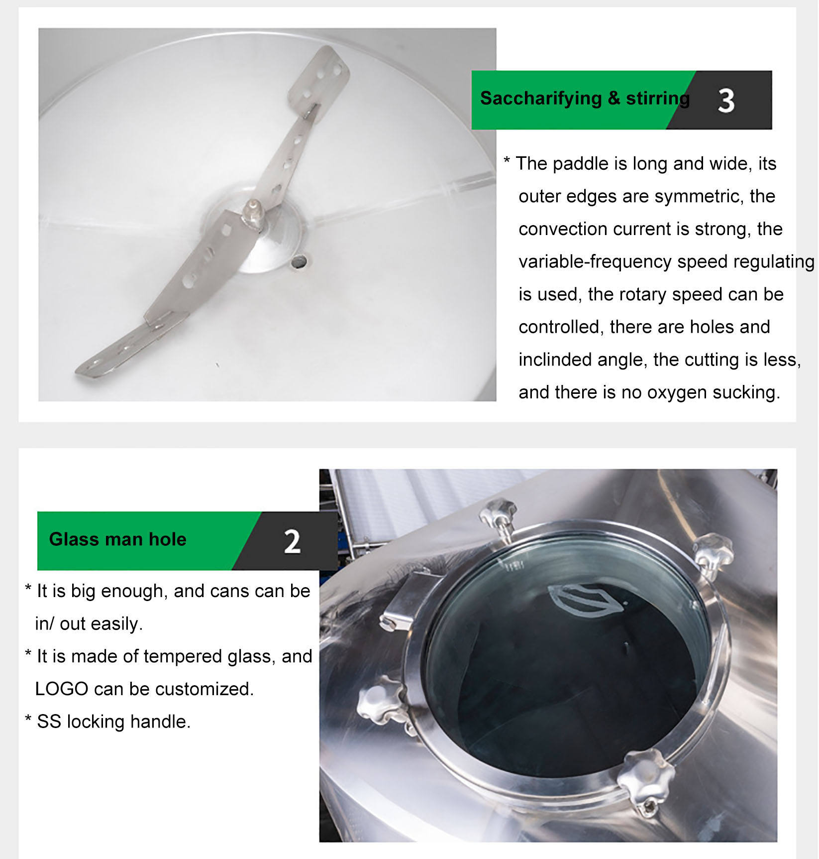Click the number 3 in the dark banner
pos(726,101)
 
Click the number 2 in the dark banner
pos(292,542)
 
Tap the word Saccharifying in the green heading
pos(541,99)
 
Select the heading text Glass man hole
pos(118,539)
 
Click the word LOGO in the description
pos(62,689)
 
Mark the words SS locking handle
pos(114,722)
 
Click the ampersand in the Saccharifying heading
pos(614,99)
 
